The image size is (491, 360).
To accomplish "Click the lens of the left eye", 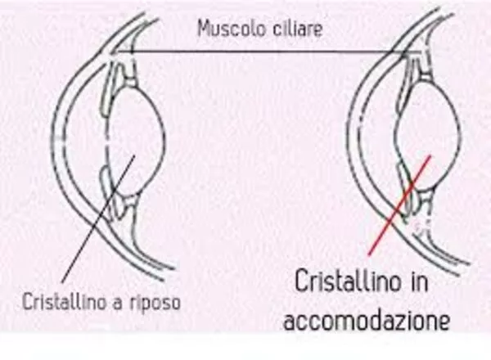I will pos(139,135).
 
